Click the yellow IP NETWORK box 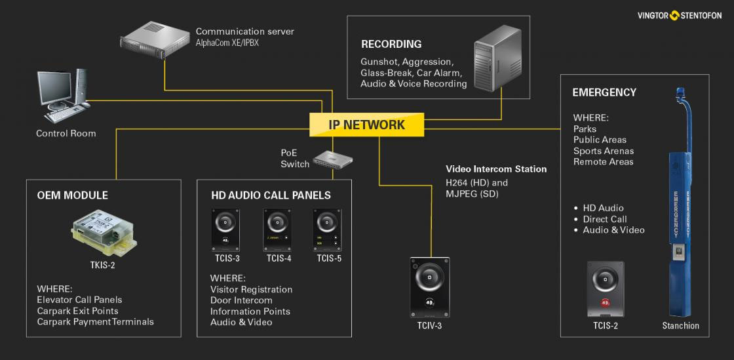[367, 125]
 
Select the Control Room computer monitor [58, 89]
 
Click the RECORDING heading [391, 45]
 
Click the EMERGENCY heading [604, 92]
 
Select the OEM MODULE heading [73, 195]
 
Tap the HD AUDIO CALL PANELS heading [270, 195]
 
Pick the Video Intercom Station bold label [496, 169]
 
